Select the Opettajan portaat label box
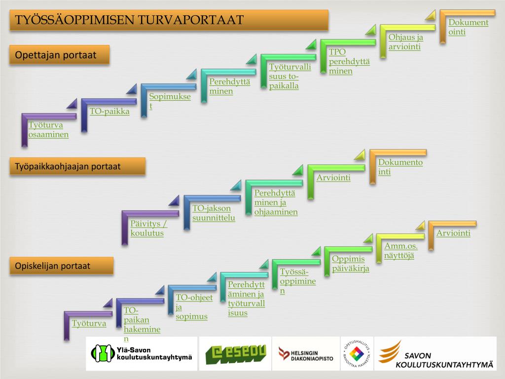pyautogui.click(x=59, y=55)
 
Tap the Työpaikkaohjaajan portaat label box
pyautogui.click(x=77, y=166)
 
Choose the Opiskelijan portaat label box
pyautogui.click(x=61, y=266)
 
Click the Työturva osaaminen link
pyautogui.click(x=48, y=130)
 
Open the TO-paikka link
pyautogui.click(x=109, y=112)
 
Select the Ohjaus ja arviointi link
pyautogui.click(x=405, y=42)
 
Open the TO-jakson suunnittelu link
pyautogui.click(x=214, y=213)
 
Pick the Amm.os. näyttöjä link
pyautogui.click(x=400, y=251)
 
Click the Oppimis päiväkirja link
pyautogui.click(x=350, y=264)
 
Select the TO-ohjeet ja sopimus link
pyautogui.click(x=194, y=307)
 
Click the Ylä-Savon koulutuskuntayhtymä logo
pyautogui.click(x=142, y=353)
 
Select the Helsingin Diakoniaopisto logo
pyautogui.click(x=306, y=353)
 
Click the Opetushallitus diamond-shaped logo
pyautogui.click(x=356, y=353)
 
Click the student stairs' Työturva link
pyautogui.click(x=89, y=324)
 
